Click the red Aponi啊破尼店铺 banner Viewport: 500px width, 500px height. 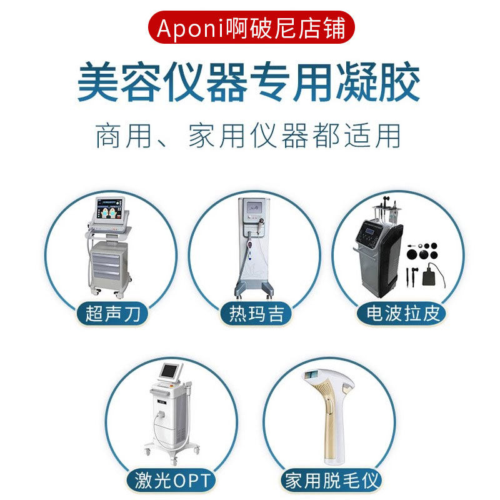(251, 27)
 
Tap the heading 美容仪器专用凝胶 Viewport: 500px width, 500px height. (249, 82)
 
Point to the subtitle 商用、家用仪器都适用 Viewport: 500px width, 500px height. (247, 136)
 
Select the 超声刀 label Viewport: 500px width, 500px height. (112, 314)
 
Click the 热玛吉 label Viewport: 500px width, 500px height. (256, 314)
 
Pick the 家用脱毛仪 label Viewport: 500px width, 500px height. (331, 481)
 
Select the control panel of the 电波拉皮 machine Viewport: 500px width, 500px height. (370, 235)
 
